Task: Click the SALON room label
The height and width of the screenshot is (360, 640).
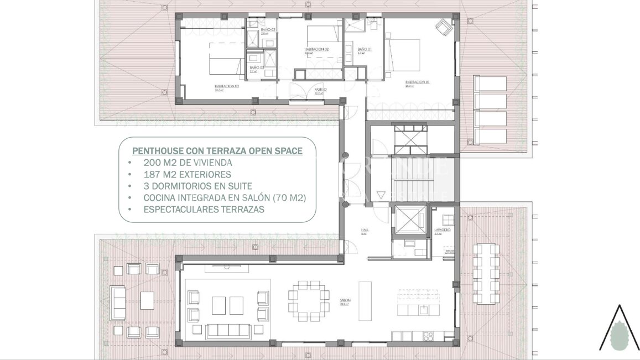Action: click(x=345, y=300)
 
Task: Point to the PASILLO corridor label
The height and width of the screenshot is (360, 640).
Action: click(x=320, y=89)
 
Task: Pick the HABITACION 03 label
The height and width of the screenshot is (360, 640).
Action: click(x=227, y=86)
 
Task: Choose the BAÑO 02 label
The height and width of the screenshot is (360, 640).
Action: click(x=268, y=29)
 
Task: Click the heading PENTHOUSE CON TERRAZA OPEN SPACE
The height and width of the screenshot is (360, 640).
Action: click(x=217, y=150)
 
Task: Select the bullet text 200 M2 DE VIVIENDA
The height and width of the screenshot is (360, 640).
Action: click(x=188, y=163)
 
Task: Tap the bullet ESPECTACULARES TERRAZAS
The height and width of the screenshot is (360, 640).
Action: click(x=205, y=210)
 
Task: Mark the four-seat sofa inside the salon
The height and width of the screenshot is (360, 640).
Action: click(x=228, y=329)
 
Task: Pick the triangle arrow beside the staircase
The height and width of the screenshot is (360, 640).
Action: click(x=380, y=194)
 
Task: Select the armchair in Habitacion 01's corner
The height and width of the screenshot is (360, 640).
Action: click(x=444, y=25)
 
